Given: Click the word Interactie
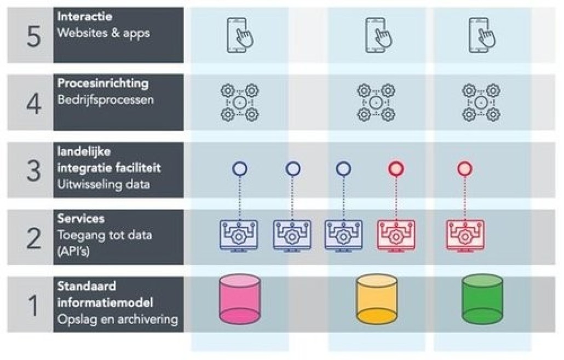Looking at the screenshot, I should point(81,17).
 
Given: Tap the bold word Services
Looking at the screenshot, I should point(80,219).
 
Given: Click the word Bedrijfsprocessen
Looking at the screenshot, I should point(106,100).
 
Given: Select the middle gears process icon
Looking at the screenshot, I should point(376,102).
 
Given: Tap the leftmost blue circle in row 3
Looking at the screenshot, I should point(239,169).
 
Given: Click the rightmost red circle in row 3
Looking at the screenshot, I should point(464,169).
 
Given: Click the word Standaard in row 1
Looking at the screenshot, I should point(87,286).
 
